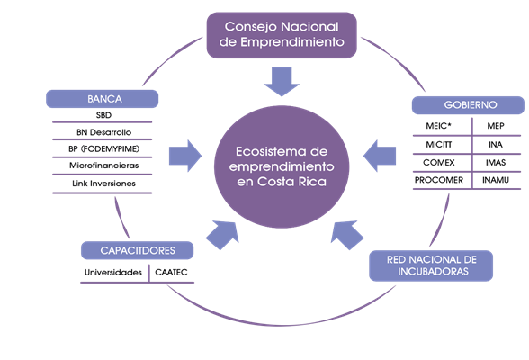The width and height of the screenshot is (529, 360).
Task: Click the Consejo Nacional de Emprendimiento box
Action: (x=282, y=35)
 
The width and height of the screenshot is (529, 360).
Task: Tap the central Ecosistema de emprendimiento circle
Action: (x=282, y=167)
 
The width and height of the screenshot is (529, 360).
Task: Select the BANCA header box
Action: (x=103, y=99)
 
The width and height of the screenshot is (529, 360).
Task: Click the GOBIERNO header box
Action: (x=468, y=105)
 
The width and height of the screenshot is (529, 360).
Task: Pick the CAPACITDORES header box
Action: (x=138, y=250)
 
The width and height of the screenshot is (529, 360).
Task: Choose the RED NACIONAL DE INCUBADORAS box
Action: (x=431, y=265)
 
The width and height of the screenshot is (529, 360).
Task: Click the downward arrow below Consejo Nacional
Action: (x=282, y=82)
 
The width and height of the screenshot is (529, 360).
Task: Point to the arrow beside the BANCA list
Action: (x=185, y=156)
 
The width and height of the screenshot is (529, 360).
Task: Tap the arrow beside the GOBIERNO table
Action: (x=380, y=156)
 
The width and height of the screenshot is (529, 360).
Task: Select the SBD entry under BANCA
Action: (x=103, y=115)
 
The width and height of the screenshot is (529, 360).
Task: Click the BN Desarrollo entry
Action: (x=104, y=132)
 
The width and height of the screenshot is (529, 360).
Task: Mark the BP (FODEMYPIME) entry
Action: (x=104, y=148)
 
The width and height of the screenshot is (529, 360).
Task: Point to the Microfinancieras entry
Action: (x=104, y=166)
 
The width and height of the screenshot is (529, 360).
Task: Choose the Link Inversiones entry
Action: (x=104, y=184)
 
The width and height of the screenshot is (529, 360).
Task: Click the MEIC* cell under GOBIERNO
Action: (x=439, y=126)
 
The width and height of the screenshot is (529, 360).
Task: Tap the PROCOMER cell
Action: (x=439, y=180)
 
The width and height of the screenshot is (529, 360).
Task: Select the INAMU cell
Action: (x=495, y=180)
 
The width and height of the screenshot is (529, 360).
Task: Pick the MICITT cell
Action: (x=439, y=144)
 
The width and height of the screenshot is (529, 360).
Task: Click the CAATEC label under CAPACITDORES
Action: (x=171, y=273)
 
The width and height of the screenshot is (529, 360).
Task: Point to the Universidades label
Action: (x=113, y=273)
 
